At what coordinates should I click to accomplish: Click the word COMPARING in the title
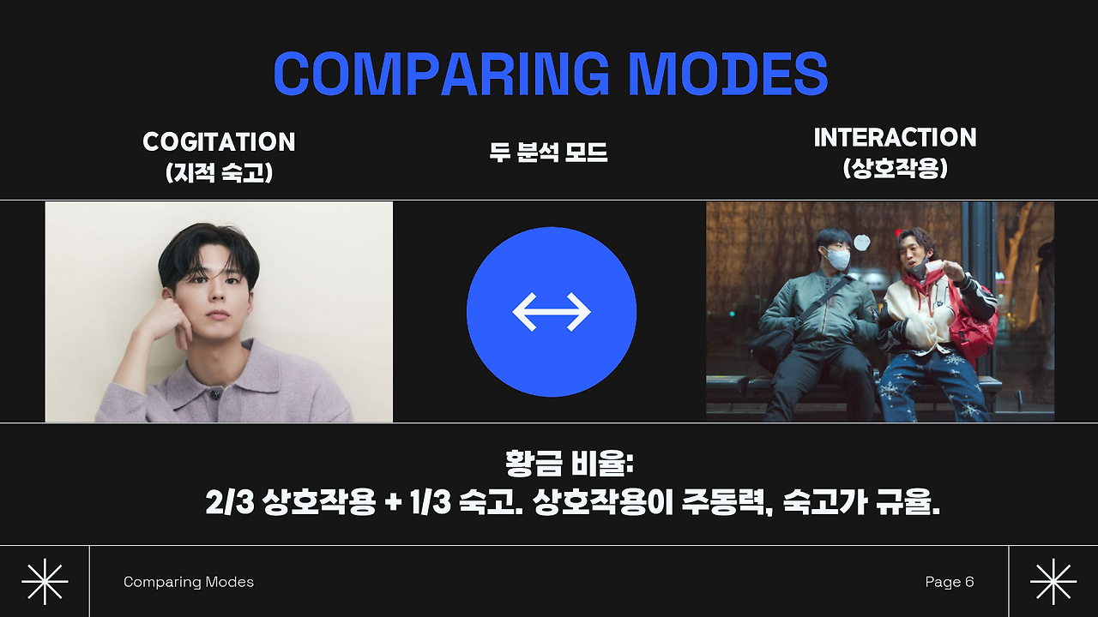[x=441, y=74]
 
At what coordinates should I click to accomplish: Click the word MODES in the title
[x=729, y=74]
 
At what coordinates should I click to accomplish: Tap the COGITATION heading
[x=219, y=142]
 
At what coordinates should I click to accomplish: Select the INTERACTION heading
[x=895, y=138]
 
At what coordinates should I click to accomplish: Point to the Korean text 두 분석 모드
[x=548, y=153]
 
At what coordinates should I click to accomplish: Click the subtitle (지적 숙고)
[x=219, y=173]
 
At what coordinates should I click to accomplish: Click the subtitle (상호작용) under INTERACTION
[x=895, y=169]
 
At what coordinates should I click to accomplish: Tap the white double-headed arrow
[x=552, y=312]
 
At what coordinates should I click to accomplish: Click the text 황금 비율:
[x=570, y=464]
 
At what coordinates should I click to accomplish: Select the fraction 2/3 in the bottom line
[x=230, y=502]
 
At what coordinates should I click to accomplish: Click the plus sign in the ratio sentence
[x=393, y=503]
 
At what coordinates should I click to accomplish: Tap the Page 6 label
[x=950, y=582]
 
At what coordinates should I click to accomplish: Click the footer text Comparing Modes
[x=189, y=582]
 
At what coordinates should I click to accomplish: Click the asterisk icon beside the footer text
[x=45, y=582]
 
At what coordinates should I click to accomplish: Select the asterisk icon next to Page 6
[x=1053, y=582]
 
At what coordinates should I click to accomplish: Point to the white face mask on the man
[x=836, y=258]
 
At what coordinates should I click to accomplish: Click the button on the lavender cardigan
[x=214, y=393]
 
